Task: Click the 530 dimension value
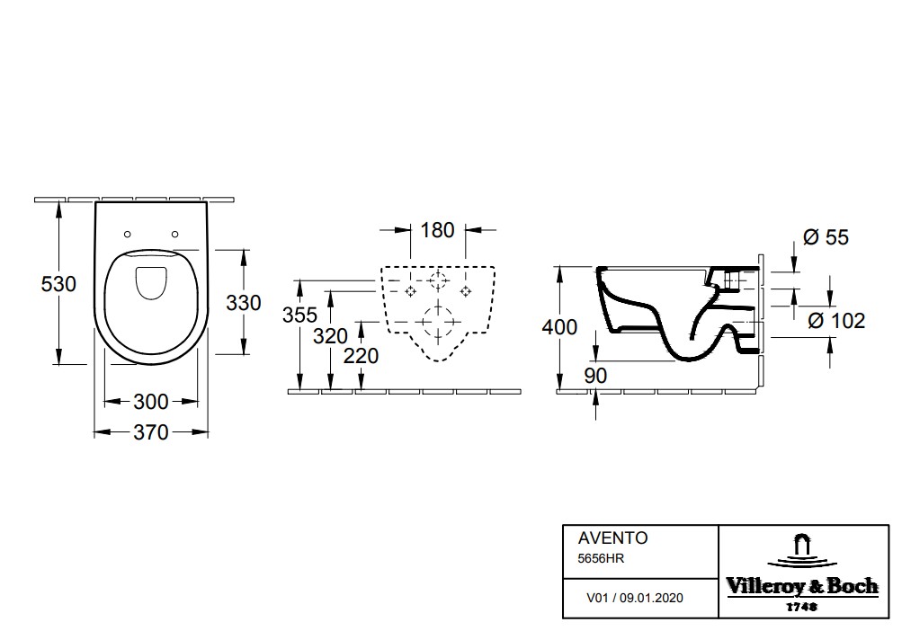pyautogui.click(x=58, y=283)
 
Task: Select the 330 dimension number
pyautogui.click(x=244, y=303)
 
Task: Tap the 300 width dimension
pyautogui.click(x=151, y=402)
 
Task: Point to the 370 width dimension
pyautogui.click(x=151, y=432)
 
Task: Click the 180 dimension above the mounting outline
pyautogui.click(x=437, y=230)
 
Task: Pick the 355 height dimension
pyautogui.click(x=299, y=315)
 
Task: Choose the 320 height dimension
pyautogui.click(x=330, y=336)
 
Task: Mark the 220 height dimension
pyautogui.click(x=361, y=356)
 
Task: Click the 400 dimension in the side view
pyautogui.click(x=559, y=327)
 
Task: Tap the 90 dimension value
pyautogui.click(x=595, y=376)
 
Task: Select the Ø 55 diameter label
pyautogui.click(x=826, y=237)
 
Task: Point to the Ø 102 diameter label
pyautogui.click(x=836, y=320)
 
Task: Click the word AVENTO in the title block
pyautogui.click(x=612, y=538)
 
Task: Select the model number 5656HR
pyautogui.click(x=601, y=558)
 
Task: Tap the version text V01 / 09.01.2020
pyautogui.click(x=635, y=599)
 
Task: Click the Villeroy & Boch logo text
pyautogui.click(x=802, y=586)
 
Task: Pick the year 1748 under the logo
pyautogui.click(x=802, y=606)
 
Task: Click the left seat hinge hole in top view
pyautogui.click(x=128, y=234)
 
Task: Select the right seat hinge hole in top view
pyautogui.click(x=175, y=234)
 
